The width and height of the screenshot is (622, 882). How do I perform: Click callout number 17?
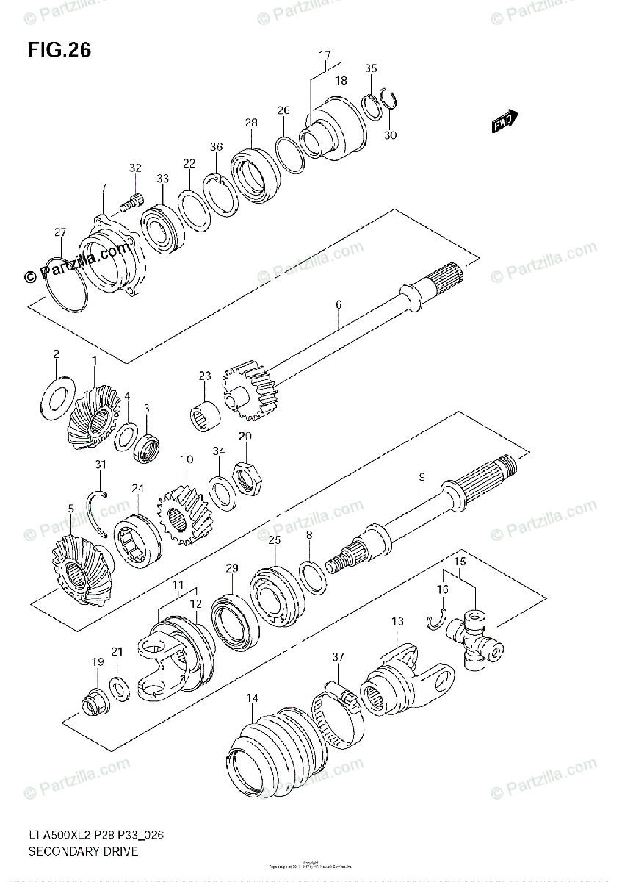tap(325, 56)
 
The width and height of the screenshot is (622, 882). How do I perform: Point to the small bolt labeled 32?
tap(132, 198)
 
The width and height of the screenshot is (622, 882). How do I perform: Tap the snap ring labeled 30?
tap(389, 104)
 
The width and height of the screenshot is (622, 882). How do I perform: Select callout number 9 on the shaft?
tap(422, 477)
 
